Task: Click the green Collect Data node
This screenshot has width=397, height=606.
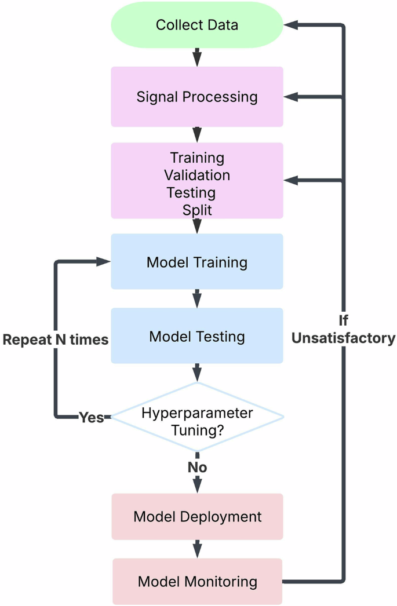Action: [x=196, y=25]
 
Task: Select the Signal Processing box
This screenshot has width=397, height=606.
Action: [x=196, y=97]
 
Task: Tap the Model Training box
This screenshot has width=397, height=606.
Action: [x=196, y=262]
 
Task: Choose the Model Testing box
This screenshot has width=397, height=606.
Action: [x=196, y=336]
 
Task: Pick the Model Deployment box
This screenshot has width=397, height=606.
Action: [x=196, y=516]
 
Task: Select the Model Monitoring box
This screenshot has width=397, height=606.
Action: [x=196, y=581]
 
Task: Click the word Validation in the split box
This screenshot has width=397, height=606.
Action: [x=196, y=175]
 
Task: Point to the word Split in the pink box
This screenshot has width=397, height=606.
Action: [x=197, y=210]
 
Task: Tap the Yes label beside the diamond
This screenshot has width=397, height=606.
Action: [x=91, y=418]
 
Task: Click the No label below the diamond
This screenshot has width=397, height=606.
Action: [x=197, y=467]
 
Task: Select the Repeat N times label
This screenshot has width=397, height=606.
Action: [x=56, y=340]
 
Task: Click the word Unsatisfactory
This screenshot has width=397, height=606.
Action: [x=343, y=338]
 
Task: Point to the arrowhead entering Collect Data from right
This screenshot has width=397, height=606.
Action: [x=290, y=25]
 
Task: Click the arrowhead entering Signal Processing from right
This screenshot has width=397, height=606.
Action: [x=290, y=97]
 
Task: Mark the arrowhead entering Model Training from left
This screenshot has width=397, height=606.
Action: [x=104, y=262]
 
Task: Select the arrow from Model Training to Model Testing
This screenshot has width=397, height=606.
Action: [x=197, y=298]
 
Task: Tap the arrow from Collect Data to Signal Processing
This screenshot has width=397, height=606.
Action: [x=197, y=57]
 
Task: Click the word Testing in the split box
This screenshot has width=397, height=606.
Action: [x=191, y=192]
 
